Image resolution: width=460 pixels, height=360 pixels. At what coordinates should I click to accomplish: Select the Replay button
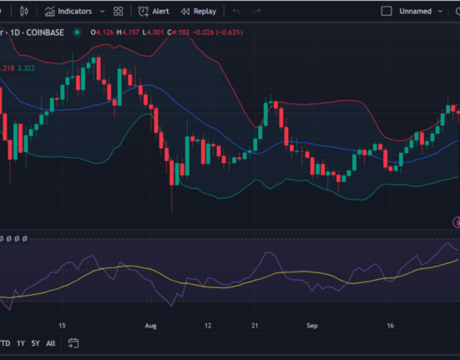(x=199, y=12)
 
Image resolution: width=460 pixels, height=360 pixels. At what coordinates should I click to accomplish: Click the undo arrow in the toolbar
(x=237, y=12)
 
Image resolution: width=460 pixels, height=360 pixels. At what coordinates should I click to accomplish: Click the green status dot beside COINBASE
(x=77, y=32)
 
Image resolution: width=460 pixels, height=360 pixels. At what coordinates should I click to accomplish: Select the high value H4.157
(x=129, y=32)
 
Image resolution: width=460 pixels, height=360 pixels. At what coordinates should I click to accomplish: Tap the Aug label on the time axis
(x=150, y=325)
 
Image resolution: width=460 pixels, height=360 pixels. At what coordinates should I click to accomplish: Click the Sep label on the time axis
(x=312, y=325)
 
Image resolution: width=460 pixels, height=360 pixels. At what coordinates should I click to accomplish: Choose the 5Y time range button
(x=34, y=342)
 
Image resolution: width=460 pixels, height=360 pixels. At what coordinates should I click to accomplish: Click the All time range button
(x=51, y=342)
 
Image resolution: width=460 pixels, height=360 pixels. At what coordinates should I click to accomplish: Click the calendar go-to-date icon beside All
(x=73, y=342)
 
